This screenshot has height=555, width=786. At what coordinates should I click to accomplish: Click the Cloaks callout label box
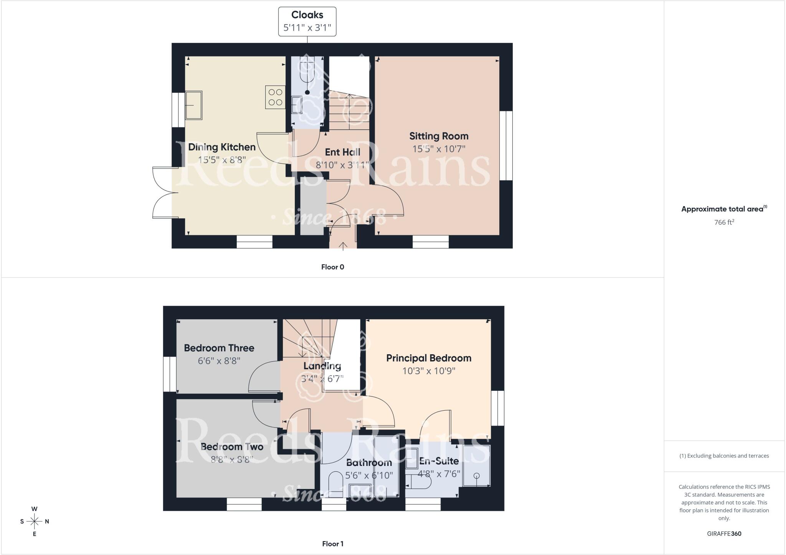click(307, 21)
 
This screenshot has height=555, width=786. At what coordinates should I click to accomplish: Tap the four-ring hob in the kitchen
click(275, 97)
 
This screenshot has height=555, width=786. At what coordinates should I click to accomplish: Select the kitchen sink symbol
click(194, 105)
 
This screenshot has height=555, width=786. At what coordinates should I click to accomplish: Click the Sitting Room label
click(439, 136)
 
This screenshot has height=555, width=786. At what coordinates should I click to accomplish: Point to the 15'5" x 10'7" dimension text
click(439, 149)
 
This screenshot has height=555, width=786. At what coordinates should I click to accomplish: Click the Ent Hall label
click(342, 152)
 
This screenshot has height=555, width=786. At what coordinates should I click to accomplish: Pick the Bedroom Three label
click(219, 348)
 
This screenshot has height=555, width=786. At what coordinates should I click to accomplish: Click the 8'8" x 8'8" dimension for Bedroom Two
click(232, 459)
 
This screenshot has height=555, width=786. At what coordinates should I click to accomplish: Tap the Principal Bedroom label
click(428, 358)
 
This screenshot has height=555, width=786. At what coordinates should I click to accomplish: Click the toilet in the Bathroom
click(336, 484)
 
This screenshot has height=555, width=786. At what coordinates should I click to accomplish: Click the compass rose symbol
click(35, 521)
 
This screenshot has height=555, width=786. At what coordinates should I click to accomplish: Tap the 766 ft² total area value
click(724, 222)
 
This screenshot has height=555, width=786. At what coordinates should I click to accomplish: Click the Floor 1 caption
click(332, 543)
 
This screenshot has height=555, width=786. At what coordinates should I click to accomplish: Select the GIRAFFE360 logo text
click(724, 534)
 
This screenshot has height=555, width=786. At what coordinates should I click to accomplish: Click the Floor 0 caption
click(332, 267)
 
